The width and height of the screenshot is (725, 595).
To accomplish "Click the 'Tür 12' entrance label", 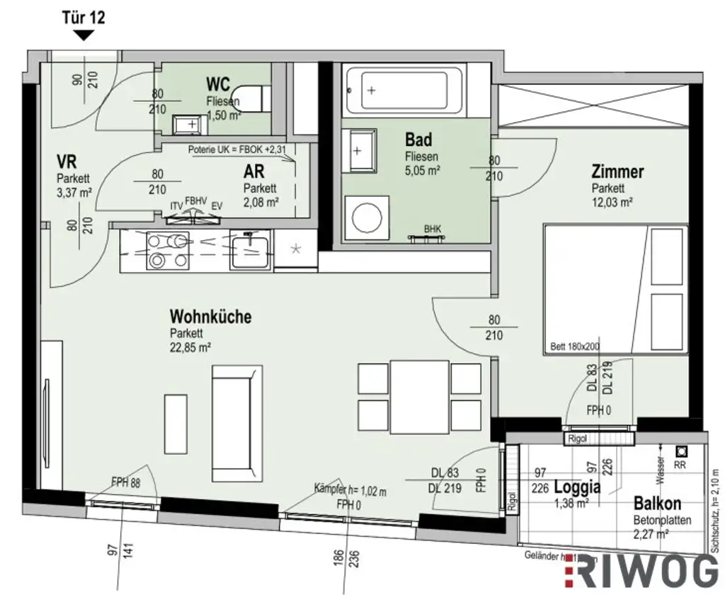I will tap(84, 18).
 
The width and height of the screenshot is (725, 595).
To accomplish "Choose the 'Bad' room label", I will tap(418, 139).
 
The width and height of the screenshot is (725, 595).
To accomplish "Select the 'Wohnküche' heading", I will tap(210, 317).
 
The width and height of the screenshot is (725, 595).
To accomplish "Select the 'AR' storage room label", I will tap(254, 172).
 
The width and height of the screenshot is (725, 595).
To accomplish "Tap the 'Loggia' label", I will tap(578, 487).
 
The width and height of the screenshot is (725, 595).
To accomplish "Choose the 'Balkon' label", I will tap(658, 504).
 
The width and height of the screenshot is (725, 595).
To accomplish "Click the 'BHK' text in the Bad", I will tap(433, 229).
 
